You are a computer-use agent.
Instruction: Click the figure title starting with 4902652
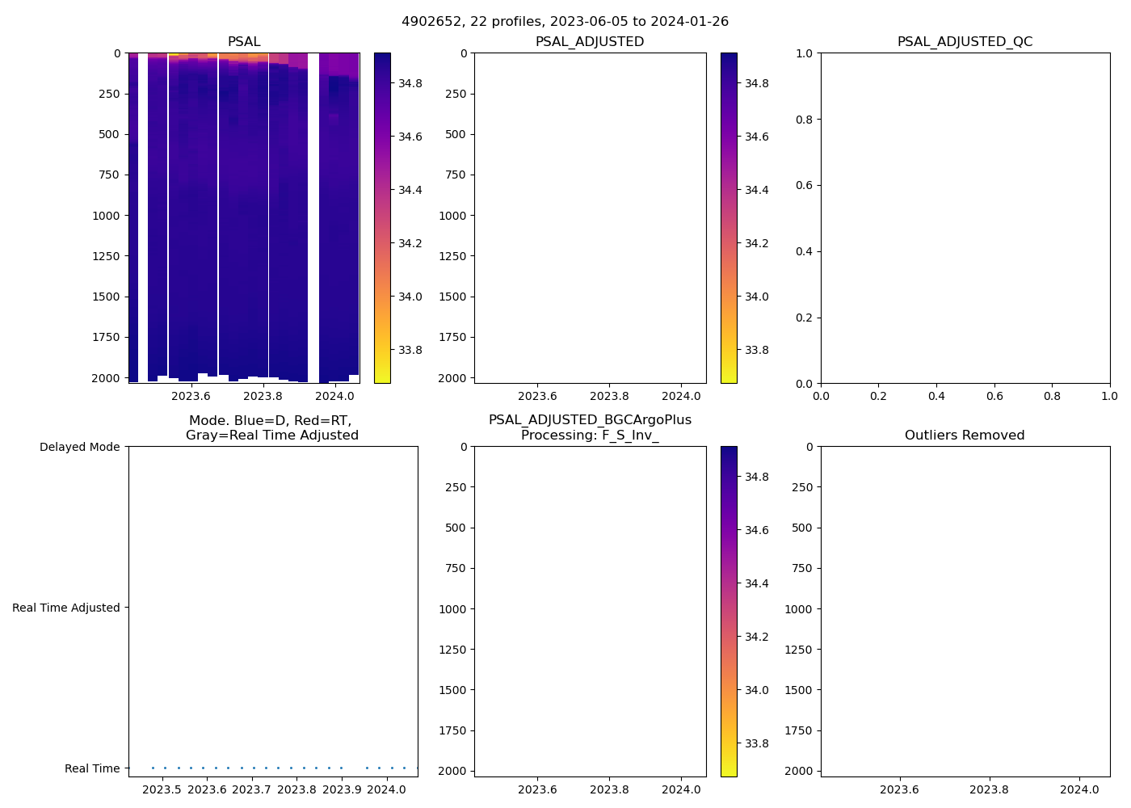(565, 22)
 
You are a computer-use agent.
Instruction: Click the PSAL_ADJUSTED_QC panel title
(965, 42)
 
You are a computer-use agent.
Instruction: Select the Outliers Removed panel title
(965, 436)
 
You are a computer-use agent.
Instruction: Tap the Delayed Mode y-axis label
(79, 447)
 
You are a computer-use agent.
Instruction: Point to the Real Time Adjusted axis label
(65, 608)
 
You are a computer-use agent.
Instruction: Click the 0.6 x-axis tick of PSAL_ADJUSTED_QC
(994, 396)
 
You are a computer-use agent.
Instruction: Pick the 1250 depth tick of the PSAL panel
(106, 256)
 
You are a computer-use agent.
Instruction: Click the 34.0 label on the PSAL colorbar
(410, 297)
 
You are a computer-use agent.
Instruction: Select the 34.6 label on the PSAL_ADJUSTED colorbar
(756, 137)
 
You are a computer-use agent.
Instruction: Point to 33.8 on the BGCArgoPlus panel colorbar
(756, 743)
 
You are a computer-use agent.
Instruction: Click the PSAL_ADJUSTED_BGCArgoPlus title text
(590, 420)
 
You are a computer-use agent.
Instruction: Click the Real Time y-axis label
(92, 768)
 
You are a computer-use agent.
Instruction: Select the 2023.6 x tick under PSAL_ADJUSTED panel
(537, 396)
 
